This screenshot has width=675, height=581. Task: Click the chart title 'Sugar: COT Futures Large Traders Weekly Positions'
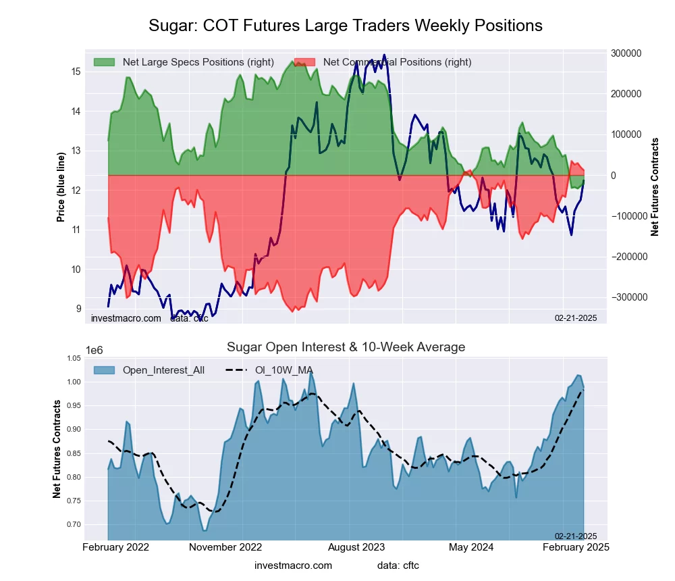click(346, 26)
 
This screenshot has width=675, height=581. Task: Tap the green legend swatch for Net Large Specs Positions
click(104, 62)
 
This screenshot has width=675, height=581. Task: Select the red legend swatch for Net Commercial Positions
click(304, 62)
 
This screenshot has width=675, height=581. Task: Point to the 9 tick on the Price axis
click(78, 309)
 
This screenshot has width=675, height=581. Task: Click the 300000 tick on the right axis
click(625, 53)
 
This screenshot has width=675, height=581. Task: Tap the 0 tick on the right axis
click(613, 176)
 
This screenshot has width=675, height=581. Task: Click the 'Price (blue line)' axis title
click(61, 187)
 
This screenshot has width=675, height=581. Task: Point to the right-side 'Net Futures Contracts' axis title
click(655, 187)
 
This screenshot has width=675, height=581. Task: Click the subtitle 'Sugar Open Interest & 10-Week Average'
click(346, 347)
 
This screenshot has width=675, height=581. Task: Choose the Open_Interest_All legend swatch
click(104, 370)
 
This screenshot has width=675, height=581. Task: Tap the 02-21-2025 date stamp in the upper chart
click(576, 318)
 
